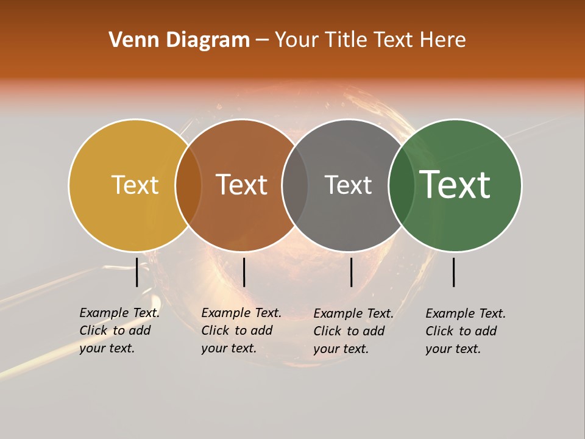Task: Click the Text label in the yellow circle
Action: coord(135,185)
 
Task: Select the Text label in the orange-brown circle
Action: coord(242,185)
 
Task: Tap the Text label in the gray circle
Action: coord(348,185)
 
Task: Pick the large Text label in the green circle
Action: coord(455,185)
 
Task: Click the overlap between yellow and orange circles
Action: coord(188,185)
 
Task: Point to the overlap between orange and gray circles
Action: coord(295,185)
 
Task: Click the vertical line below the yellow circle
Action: coord(136,272)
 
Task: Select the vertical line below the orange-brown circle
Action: coord(244,272)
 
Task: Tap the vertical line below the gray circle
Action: coord(351,272)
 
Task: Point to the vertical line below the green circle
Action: coord(453,272)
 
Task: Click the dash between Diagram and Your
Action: coord(262,40)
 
